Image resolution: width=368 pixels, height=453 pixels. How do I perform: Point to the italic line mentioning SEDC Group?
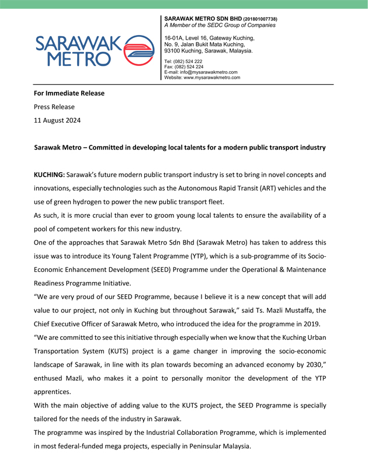220,26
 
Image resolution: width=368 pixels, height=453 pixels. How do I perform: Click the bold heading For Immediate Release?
69,93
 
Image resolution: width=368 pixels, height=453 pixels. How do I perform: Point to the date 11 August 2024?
57,120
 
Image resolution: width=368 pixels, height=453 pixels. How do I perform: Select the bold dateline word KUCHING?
49,175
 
